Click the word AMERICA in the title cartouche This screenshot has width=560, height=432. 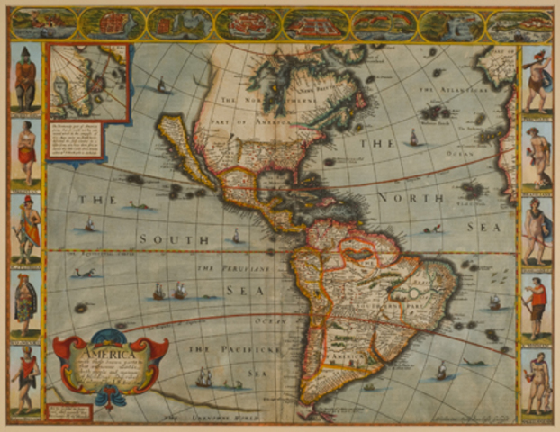point(101,354)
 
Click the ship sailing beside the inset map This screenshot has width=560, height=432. point(162,85)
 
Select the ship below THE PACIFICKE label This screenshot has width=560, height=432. point(204,376)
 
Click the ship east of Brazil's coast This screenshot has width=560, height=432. point(494,301)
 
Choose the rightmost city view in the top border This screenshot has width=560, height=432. point(519,23)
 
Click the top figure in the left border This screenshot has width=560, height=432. point(25,79)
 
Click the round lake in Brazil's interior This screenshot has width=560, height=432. point(413,293)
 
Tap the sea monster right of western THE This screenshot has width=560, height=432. point(138,205)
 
